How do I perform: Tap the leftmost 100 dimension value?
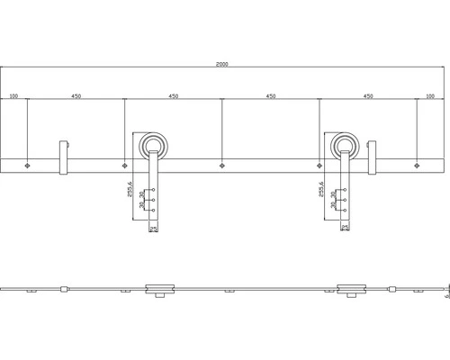point(13,94)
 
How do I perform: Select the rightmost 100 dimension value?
point(429,94)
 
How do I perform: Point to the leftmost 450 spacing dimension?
point(76,94)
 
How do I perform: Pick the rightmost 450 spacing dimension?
point(367,94)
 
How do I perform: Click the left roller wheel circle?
point(153,146)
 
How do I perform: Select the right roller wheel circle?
point(345,146)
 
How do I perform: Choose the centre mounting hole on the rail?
point(221,165)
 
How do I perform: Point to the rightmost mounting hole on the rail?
point(416,165)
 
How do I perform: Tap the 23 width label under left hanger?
point(153,229)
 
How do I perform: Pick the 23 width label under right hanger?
point(345,229)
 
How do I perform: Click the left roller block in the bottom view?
point(157,288)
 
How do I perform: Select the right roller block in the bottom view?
point(350,288)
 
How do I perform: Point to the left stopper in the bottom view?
point(63,288)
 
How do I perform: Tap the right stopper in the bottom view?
point(393,288)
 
